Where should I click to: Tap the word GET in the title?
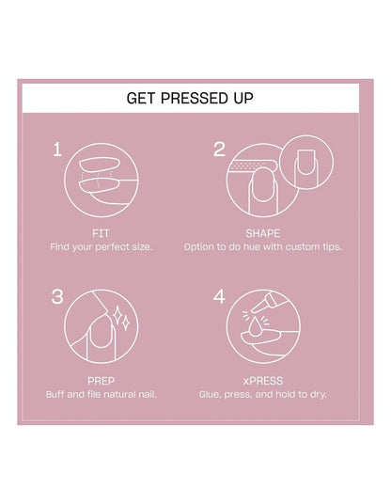[141, 98]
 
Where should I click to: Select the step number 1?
[57, 150]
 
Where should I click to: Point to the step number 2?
[219, 150]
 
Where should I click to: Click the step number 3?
[57, 297]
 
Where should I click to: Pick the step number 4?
[219, 297]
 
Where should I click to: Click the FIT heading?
[101, 233]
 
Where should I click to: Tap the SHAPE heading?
[263, 233]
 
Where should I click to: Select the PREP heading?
[102, 381]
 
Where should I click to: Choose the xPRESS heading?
[263, 381]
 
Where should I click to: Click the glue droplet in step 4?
[255, 327]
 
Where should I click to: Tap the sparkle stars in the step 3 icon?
[121, 318]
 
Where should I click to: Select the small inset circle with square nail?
[306, 162]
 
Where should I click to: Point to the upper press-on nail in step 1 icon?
[100, 165]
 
